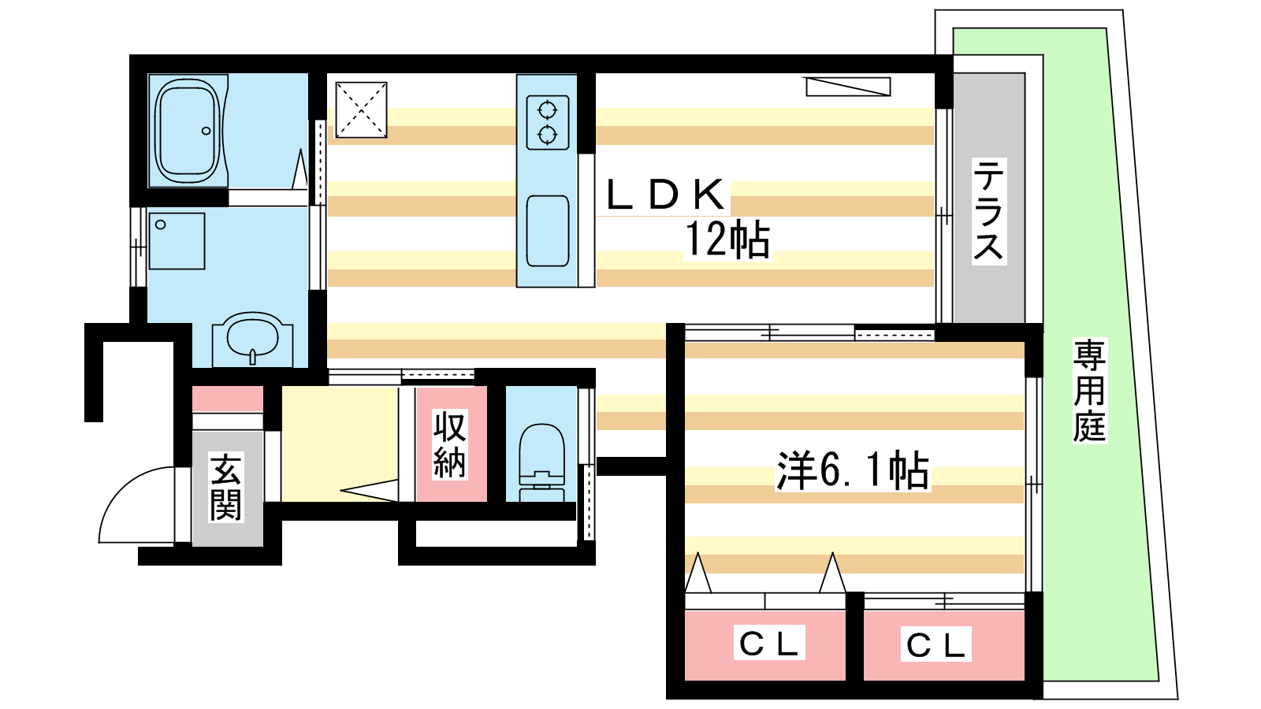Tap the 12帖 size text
727,239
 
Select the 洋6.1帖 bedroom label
853,470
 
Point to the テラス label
989,210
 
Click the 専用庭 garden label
1089,391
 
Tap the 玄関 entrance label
226,488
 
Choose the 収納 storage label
450,444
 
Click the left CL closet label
769,644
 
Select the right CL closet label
936,645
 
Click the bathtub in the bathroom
188,131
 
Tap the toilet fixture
541,462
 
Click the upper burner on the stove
547,110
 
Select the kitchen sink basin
547,231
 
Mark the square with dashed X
362,110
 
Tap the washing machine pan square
177,241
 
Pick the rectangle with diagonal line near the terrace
848,87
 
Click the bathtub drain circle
206,131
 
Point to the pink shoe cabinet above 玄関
228,399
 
